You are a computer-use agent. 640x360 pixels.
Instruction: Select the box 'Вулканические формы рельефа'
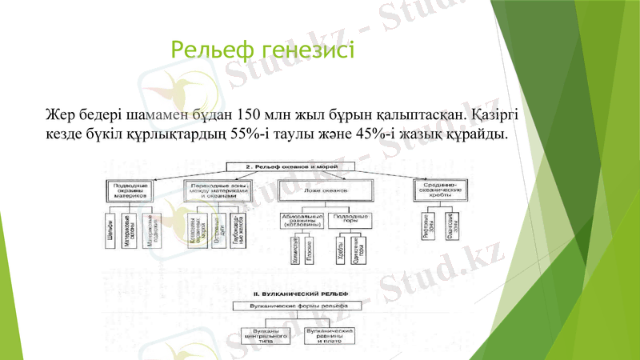294,305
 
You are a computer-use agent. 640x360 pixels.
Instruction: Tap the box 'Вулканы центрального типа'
266,334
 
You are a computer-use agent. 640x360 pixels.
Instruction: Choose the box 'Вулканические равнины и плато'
330,334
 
